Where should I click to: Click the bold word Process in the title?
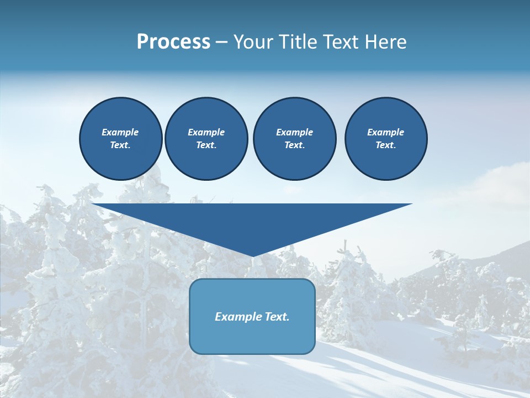(x=173, y=42)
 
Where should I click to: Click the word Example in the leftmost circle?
(x=120, y=132)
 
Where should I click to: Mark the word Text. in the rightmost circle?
(x=385, y=145)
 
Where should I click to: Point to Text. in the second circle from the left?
(x=206, y=145)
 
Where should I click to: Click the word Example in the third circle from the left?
(x=294, y=132)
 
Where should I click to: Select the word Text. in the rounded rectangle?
(x=277, y=317)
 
